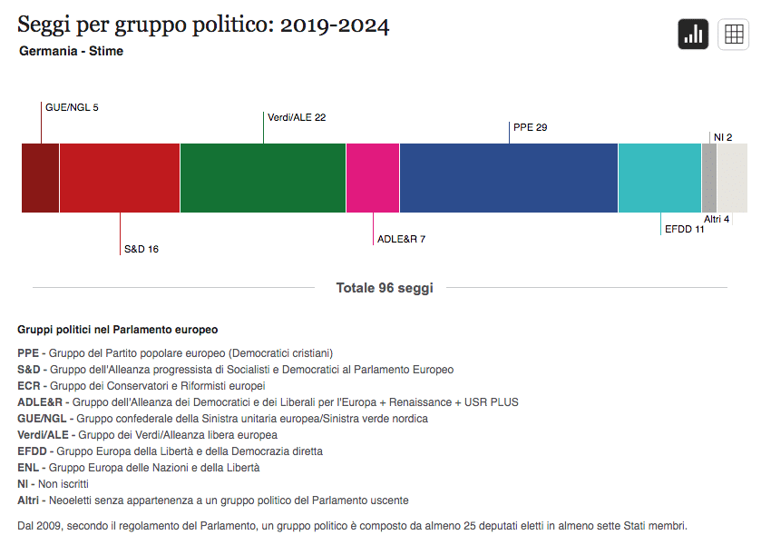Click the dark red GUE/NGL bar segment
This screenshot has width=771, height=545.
click(x=40, y=178)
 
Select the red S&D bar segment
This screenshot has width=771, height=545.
click(x=119, y=178)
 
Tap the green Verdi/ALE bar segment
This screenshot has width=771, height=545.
click(x=263, y=178)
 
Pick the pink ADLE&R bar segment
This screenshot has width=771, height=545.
click(x=373, y=178)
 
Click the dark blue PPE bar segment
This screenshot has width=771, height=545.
click(x=508, y=178)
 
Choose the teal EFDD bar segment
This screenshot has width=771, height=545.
click(x=659, y=178)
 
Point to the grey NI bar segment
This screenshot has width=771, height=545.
click(x=709, y=178)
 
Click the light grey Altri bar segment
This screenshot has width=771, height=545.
click(x=733, y=178)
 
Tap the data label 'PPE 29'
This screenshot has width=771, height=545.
click(x=530, y=127)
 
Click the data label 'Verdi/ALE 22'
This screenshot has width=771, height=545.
click(x=297, y=117)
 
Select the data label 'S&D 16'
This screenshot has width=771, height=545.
click(x=142, y=249)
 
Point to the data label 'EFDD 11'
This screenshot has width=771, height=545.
click(x=685, y=230)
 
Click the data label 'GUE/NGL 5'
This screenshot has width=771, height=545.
click(x=72, y=107)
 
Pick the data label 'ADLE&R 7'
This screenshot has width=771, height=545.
click(x=401, y=239)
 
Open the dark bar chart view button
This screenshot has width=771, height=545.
click(x=693, y=35)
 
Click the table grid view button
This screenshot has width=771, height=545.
click(x=733, y=35)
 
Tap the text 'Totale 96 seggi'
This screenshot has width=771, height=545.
click(x=385, y=288)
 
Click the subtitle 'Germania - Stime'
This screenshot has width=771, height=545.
click(x=71, y=51)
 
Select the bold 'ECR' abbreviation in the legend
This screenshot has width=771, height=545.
click(x=28, y=386)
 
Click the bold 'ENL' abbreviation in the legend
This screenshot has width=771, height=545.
click(x=28, y=468)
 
